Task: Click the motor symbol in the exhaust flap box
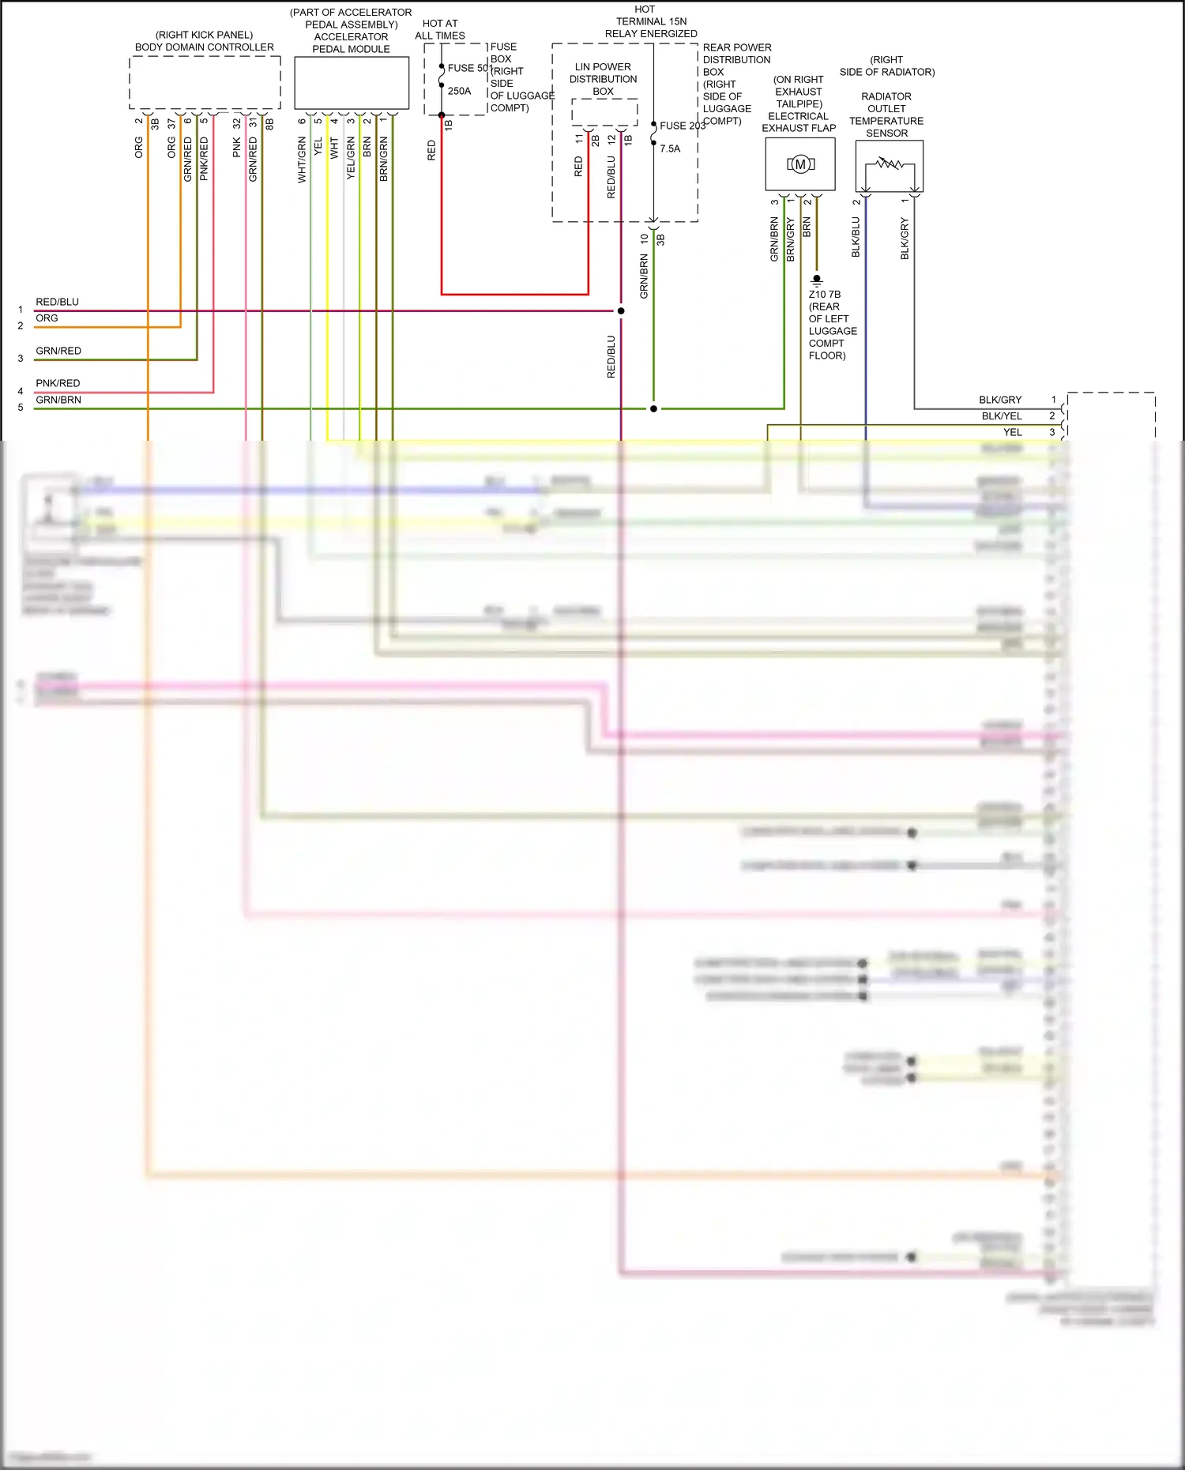click(800, 164)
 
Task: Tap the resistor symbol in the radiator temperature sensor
click(890, 164)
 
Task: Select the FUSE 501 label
click(469, 68)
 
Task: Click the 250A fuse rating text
click(459, 91)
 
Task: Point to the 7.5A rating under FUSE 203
click(670, 149)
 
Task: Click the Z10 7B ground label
click(824, 294)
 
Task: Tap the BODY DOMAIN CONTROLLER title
click(204, 47)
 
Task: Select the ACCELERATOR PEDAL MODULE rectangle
click(352, 82)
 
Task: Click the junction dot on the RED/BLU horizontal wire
click(621, 310)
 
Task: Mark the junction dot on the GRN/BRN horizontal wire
click(653, 408)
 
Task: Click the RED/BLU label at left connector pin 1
click(57, 302)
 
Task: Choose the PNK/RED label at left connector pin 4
click(58, 383)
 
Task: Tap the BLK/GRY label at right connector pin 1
click(1000, 400)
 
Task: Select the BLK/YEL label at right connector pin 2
click(1002, 416)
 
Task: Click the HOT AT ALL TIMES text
click(440, 29)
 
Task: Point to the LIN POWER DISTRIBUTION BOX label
click(603, 79)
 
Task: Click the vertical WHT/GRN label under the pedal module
click(302, 160)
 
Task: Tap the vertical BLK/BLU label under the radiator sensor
click(856, 237)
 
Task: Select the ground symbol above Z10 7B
click(817, 280)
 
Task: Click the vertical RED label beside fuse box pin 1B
click(431, 150)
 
